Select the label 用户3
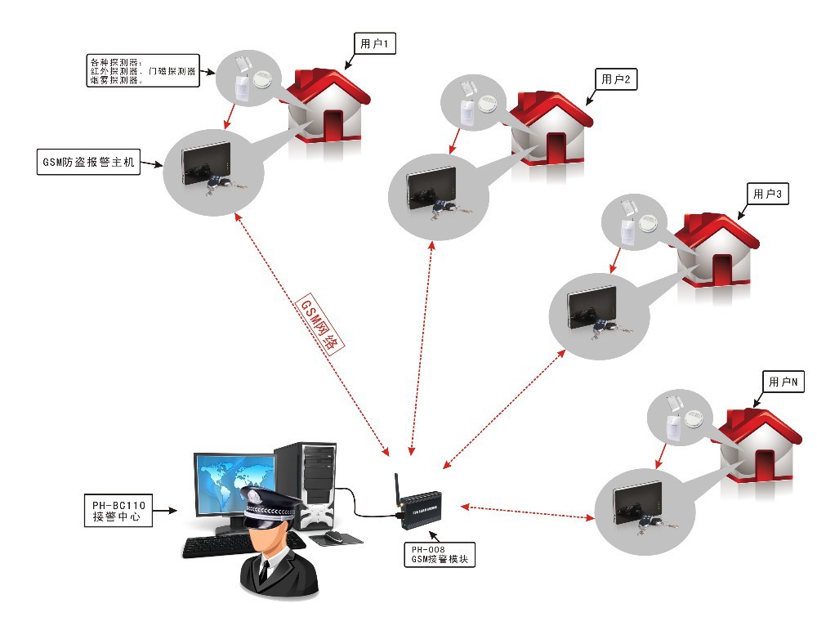(x=767, y=194)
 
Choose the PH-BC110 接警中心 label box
(x=118, y=510)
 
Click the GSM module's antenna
(x=396, y=489)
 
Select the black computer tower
(x=308, y=482)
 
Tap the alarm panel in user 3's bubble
(x=593, y=308)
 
